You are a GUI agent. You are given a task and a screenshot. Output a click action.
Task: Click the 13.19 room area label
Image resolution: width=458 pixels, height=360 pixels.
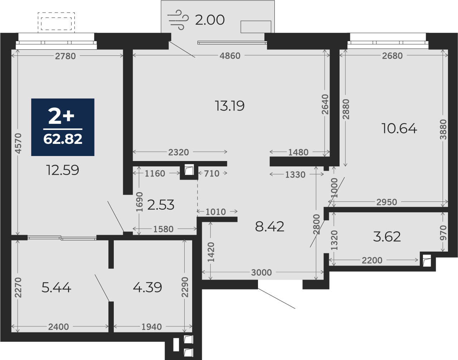230,106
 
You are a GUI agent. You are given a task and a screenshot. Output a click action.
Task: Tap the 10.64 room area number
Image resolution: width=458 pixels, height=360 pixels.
399,128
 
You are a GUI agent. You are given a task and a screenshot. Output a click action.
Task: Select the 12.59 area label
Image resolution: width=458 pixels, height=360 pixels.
63,170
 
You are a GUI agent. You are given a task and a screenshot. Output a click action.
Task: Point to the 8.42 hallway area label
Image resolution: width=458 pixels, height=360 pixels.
269,227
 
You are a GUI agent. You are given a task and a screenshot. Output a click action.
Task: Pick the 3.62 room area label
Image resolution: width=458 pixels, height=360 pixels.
387,237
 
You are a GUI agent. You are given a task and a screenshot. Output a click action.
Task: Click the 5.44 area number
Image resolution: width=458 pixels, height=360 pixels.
56,287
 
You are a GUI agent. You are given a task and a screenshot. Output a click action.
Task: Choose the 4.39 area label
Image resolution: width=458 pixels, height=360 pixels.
147,287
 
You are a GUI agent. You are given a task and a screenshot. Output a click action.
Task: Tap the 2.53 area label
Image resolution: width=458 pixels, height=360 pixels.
161,205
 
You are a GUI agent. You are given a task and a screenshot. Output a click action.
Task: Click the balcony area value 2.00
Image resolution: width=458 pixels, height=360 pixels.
210,20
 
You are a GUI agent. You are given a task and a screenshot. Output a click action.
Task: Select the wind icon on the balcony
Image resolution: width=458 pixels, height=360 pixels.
178,20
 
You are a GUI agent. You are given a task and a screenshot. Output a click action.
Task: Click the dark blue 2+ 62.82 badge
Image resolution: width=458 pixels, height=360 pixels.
63,127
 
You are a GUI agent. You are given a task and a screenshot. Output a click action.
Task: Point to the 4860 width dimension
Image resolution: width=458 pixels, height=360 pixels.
230,56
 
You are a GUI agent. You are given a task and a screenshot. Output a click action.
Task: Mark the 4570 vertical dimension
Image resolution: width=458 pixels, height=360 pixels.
18,143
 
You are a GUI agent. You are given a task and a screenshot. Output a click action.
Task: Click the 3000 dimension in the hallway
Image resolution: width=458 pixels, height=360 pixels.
261,273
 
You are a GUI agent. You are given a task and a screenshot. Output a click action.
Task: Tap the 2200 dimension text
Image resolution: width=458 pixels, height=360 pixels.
372,261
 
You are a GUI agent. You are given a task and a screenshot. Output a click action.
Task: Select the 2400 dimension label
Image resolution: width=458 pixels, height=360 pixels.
59,327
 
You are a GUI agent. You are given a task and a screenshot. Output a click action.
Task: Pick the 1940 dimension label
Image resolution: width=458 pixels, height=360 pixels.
152,327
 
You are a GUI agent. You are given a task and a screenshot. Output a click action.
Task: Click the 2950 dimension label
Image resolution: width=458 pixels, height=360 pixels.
387,202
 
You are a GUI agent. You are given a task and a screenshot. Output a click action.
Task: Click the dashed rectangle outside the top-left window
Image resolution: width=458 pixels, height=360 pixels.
56,23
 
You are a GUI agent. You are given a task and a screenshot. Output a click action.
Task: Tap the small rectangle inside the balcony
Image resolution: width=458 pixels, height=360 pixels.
256,27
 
